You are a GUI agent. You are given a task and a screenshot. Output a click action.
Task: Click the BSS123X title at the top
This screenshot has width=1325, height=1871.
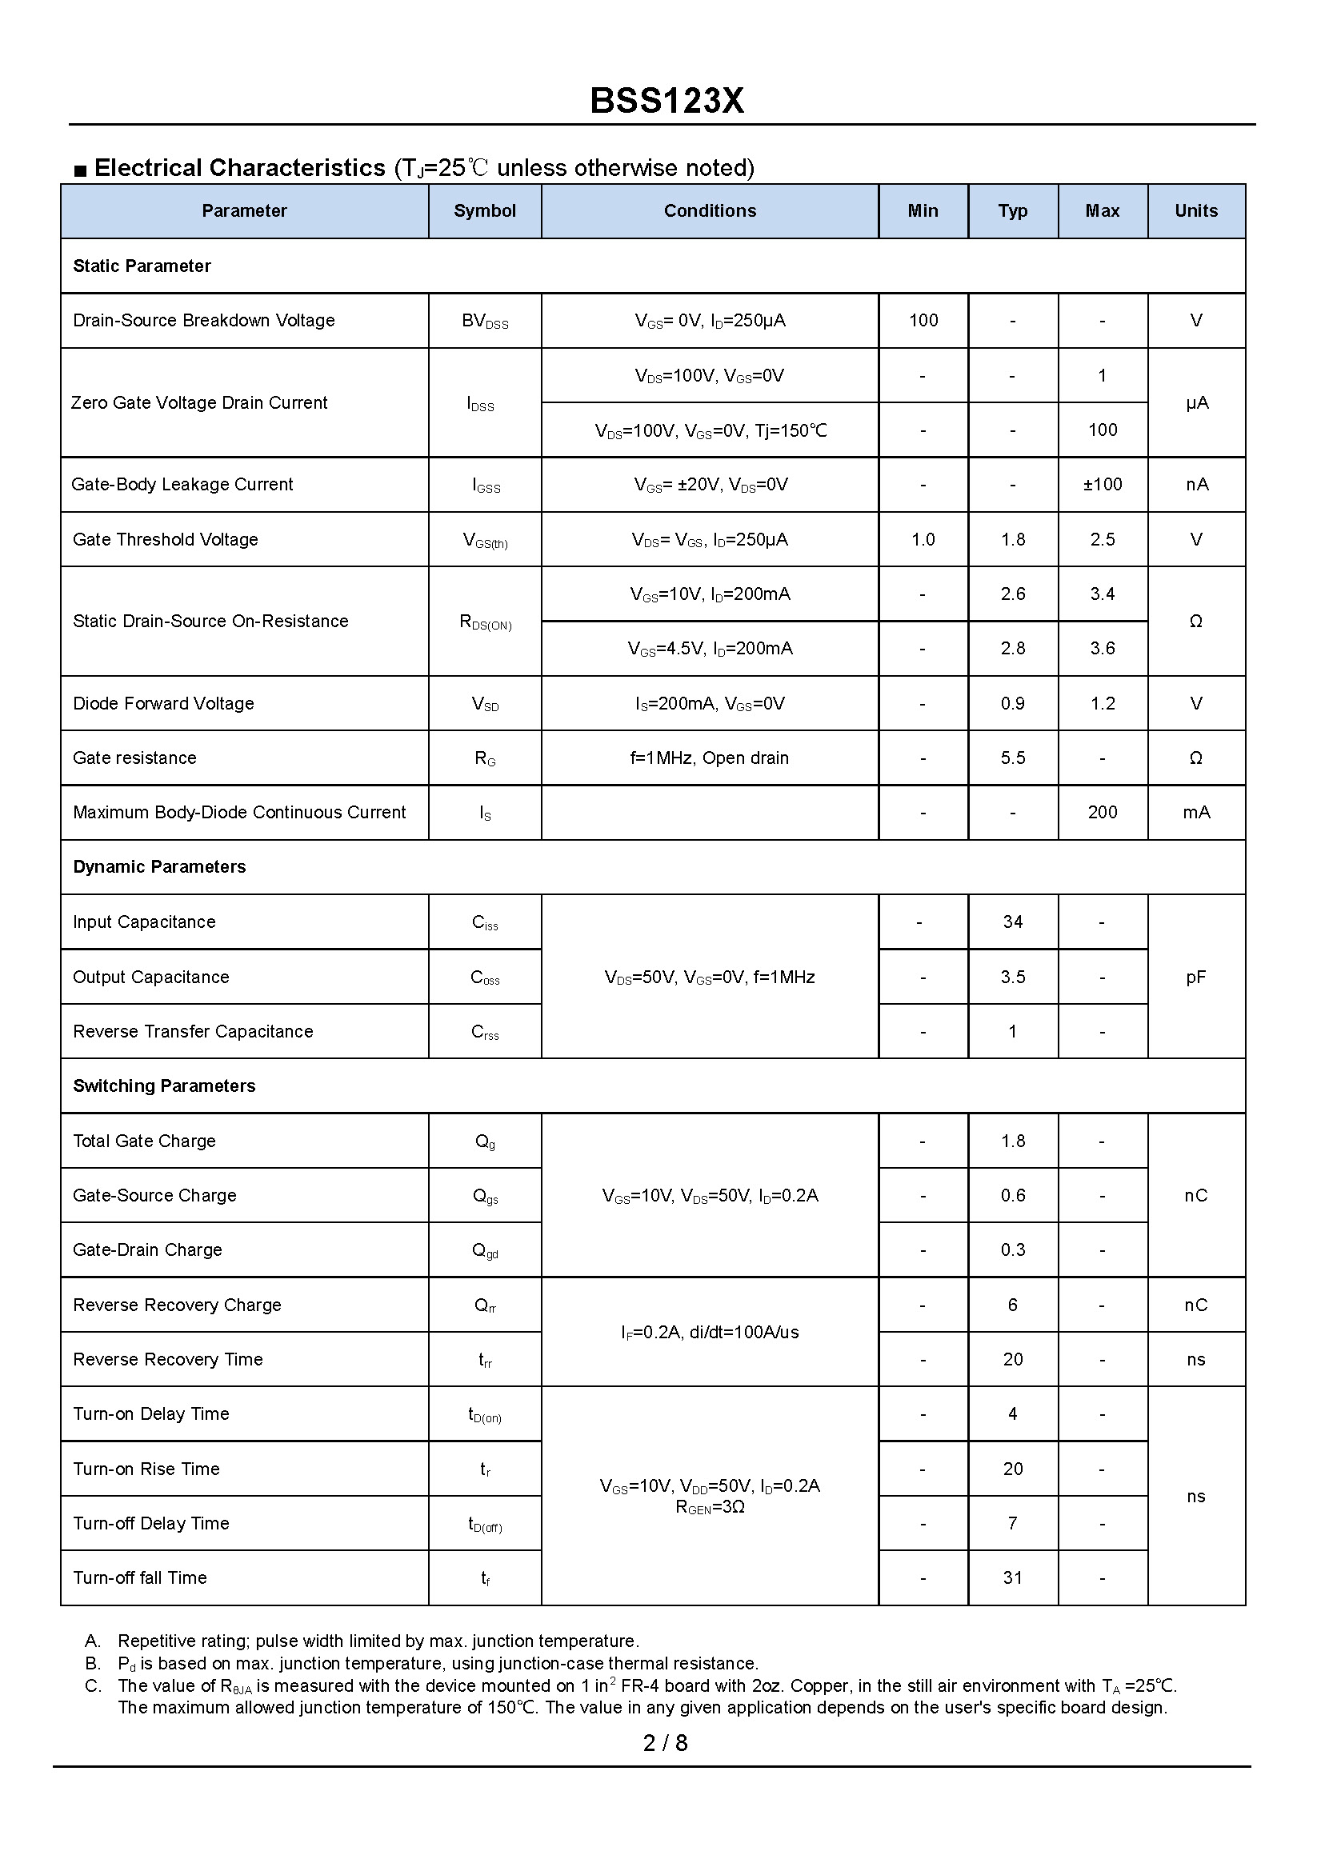(x=666, y=101)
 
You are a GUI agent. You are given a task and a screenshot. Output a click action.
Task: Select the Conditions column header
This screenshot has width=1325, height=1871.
(x=709, y=211)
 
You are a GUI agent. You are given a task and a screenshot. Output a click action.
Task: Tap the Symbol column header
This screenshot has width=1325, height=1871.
(x=485, y=211)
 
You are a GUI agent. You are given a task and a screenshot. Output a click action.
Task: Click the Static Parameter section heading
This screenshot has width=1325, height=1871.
(x=142, y=266)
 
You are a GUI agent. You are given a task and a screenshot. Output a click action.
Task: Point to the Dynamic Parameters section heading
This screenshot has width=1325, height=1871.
(x=159, y=867)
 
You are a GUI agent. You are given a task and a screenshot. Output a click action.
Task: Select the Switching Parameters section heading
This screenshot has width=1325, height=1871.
(x=164, y=1086)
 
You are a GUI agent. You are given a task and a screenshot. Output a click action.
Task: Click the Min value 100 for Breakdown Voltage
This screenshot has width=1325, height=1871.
(x=923, y=321)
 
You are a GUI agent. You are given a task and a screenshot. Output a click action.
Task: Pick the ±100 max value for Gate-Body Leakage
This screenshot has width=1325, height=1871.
(x=1103, y=485)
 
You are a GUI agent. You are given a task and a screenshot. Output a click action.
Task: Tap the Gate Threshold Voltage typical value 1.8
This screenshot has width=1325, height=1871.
(x=1012, y=540)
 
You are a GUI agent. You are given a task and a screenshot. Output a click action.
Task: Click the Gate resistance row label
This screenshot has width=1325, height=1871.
(x=134, y=758)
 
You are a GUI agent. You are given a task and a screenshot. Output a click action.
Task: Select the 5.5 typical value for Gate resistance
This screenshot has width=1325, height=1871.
(x=1012, y=758)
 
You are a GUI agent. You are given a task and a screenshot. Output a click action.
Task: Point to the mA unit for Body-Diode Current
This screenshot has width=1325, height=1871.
(x=1195, y=814)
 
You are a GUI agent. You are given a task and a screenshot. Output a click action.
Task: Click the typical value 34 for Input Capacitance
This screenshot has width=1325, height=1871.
(x=1012, y=922)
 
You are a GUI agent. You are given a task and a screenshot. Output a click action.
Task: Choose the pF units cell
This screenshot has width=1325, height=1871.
(x=1195, y=977)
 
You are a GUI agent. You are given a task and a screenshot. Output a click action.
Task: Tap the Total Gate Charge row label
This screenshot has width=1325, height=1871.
(x=144, y=1141)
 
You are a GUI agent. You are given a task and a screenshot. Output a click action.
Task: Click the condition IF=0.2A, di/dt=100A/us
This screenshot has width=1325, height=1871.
(x=709, y=1333)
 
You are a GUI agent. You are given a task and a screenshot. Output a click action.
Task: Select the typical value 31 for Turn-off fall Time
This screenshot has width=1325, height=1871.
(x=1012, y=1578)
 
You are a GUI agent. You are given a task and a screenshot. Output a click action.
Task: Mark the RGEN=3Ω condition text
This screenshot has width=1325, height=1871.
(x=709, y=1507)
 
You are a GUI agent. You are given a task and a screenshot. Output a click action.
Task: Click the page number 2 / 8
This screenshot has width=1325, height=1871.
(x=665, y=1743)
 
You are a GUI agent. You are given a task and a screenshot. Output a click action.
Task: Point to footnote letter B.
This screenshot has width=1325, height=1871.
(x=92, y=1664)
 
